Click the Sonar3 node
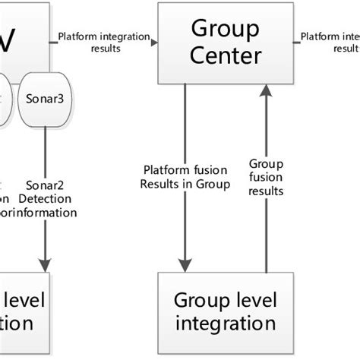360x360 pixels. tap(45, 99)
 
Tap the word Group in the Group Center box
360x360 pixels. tap(213, 30)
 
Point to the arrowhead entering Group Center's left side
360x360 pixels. tap(154, 43)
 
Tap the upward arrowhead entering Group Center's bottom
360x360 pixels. tap(265, 91)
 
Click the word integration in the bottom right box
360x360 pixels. tap(226, 324)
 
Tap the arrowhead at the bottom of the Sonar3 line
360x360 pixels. tap(46, 265)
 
